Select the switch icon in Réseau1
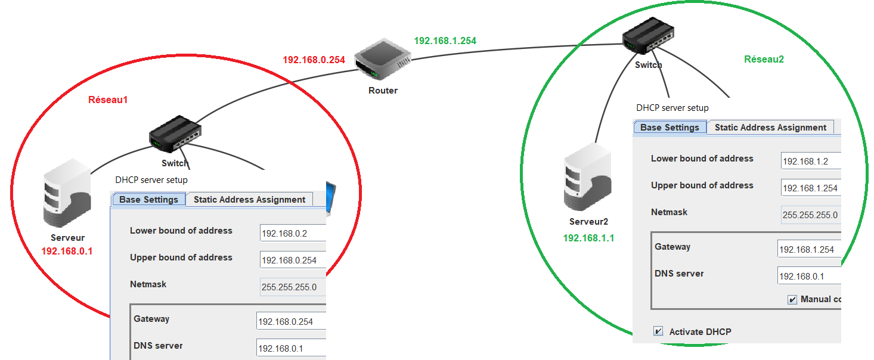coord(175,135)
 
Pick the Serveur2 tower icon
coord(587,179)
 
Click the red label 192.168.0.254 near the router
coord(314,60)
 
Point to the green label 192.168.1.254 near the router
coord(445,41)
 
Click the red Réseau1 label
coord(108,100)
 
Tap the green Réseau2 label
coord(764,59)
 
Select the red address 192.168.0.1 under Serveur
coord(67,251)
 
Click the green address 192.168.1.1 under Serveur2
coord(588,238)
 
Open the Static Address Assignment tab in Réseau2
coord(770,128)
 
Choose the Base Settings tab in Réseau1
coord(148,200)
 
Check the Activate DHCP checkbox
coord(658,331)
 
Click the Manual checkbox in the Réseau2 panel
coord(792,299)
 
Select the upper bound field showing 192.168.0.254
coord(293,260)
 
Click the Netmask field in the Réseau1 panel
coord(293,287)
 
